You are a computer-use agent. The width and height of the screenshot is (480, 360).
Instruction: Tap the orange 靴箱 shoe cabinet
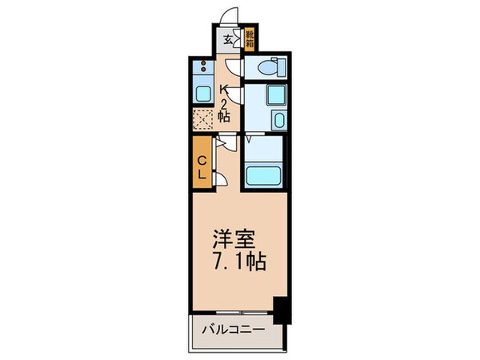point(250,38)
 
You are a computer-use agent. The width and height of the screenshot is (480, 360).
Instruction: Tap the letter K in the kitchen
point(226,90)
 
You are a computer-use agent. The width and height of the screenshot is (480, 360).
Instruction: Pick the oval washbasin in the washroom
point(278,120)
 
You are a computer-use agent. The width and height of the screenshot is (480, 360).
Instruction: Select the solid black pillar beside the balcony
point(280,310)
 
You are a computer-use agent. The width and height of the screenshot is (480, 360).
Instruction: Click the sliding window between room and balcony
point(236,310)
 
